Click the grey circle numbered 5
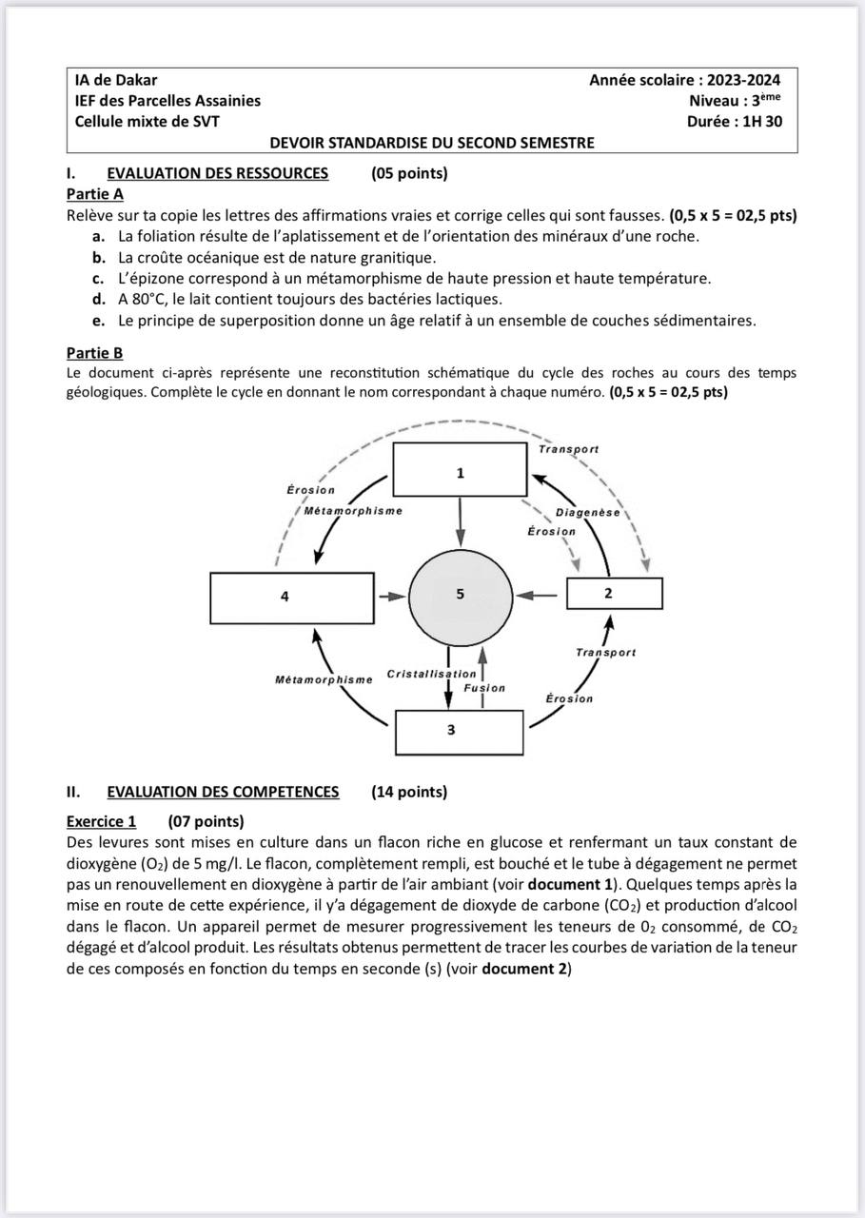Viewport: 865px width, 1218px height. click(x=460, y=595)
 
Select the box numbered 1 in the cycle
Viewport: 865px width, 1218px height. click(x=460, y=470)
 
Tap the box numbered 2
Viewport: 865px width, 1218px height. click(x=614, y=593)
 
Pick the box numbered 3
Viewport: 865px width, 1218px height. click(x=459, y=731)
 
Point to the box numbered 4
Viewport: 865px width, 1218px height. click(x=291, y=597)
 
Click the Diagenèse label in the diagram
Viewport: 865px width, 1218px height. click(x=587, y=512)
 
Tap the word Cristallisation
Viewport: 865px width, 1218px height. click(x=431, y=674)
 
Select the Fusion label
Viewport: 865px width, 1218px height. click(x=484, y=687)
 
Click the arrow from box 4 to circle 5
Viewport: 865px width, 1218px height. click(x=391, y=597)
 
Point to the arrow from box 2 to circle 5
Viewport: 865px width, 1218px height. click(x=543, y=595)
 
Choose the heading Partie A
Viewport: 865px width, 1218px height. click(x=95, y=194)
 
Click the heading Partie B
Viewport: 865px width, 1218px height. click(x=95, y=353)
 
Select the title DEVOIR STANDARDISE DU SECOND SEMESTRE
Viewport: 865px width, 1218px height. click(x=432, y=143)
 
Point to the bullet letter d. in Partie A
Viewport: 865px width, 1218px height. click(x=98, y=299)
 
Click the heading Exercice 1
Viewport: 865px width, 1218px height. click(x=102, y=821)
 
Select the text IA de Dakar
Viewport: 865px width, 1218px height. click(x=116, y=80)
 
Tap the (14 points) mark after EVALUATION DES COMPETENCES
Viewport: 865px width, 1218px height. click(x=409, y=792)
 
